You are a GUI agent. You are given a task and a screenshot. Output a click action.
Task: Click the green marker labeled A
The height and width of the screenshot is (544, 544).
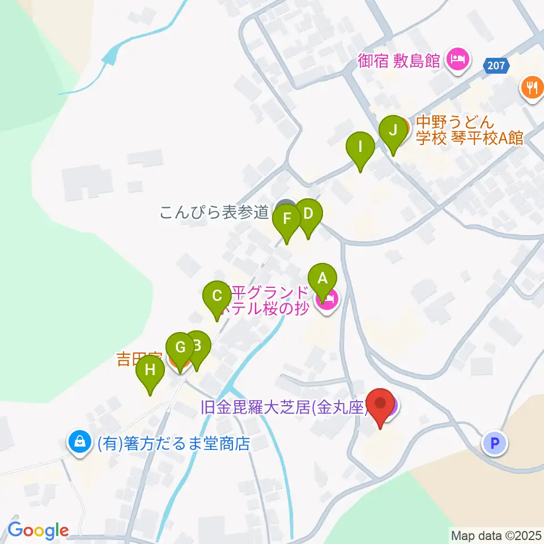tap(322, 279)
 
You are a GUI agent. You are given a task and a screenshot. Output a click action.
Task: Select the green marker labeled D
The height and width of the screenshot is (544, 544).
tap(308, 215)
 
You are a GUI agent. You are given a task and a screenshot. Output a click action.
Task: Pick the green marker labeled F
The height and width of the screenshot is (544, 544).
tap(287, 219)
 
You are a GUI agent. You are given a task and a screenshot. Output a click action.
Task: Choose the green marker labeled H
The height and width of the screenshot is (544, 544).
tap(150, 371)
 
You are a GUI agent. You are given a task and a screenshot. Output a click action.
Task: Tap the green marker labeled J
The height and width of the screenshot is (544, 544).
tap(393, 131)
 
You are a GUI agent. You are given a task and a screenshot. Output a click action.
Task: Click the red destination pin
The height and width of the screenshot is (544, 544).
tap(380, 405)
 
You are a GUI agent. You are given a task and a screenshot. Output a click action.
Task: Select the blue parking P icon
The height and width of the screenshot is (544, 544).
tap(495, 443)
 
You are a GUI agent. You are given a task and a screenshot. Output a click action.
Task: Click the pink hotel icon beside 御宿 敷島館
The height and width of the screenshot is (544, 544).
tap(458, 59)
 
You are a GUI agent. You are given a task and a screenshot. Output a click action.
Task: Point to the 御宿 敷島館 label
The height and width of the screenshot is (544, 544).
tap(399, 60)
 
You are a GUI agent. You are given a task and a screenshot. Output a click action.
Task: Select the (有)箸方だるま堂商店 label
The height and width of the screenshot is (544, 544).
tap(173, 443)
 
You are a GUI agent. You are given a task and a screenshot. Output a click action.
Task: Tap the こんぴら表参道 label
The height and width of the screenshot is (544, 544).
tap(214, 212)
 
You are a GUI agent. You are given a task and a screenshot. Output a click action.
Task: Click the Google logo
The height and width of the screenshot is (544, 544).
tap(38, 530)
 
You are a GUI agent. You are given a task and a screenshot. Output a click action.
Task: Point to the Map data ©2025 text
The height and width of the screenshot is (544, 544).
tap(496, 534)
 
